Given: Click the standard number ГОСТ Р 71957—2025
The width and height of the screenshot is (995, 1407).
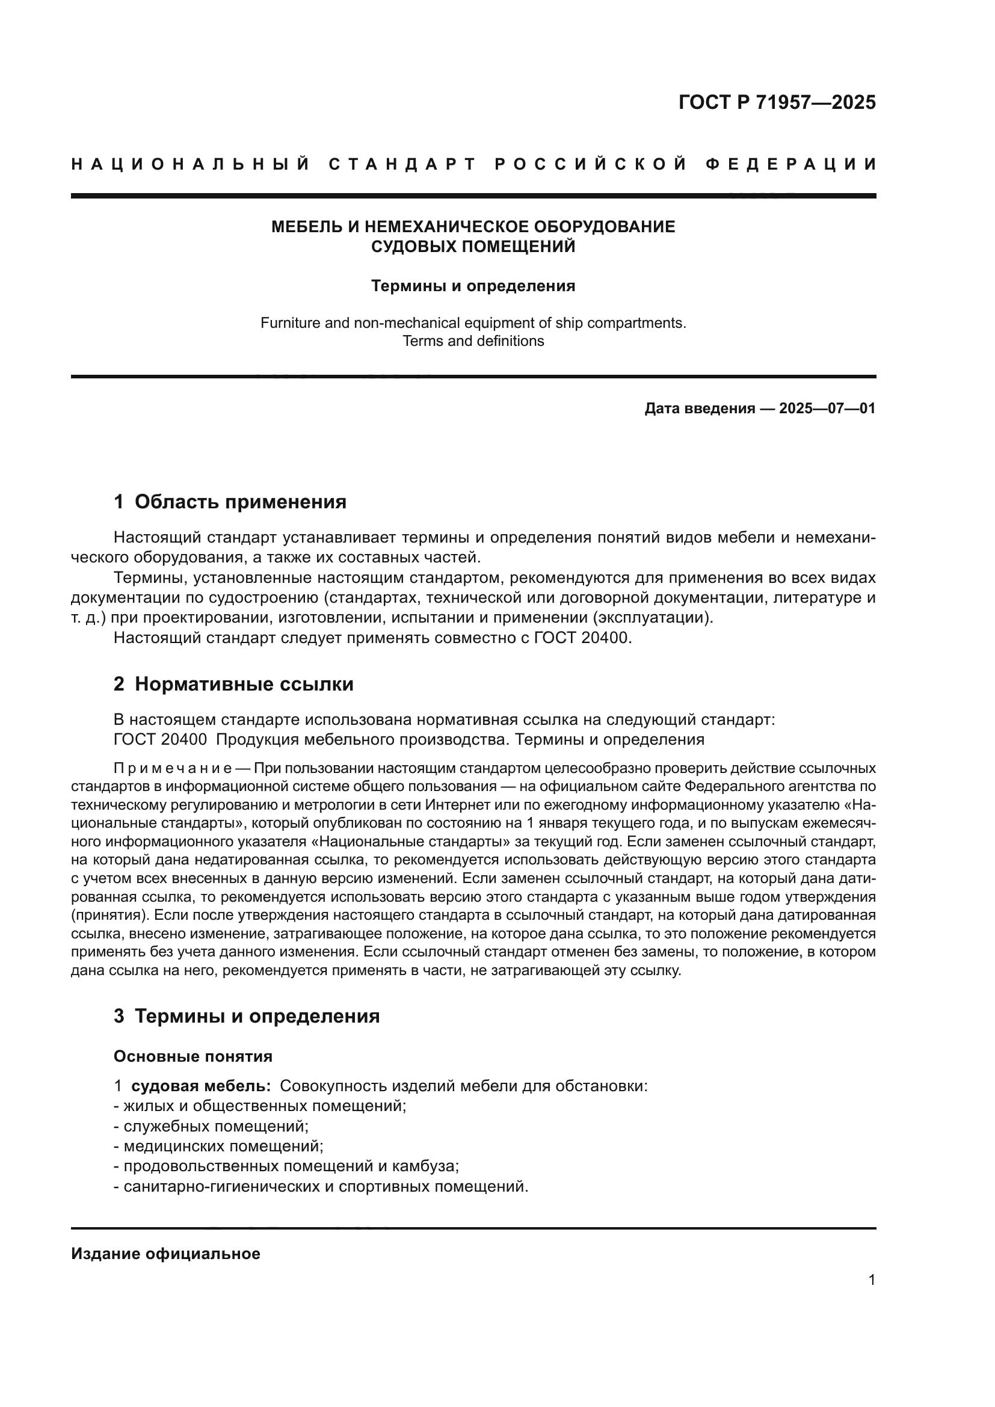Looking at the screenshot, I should (777, 102).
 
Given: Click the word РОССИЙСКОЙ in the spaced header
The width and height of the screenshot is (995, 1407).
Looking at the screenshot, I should (591, 164).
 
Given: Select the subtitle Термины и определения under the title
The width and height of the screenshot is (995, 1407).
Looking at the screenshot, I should (473, 286).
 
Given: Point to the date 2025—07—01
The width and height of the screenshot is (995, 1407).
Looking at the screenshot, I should (827, 408).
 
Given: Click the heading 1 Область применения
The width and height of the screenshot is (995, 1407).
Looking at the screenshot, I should (230, 502).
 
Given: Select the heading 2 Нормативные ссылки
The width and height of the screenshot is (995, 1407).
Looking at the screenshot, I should (233, 684).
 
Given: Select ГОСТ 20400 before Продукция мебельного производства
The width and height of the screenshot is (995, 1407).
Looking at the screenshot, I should (160, 740).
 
